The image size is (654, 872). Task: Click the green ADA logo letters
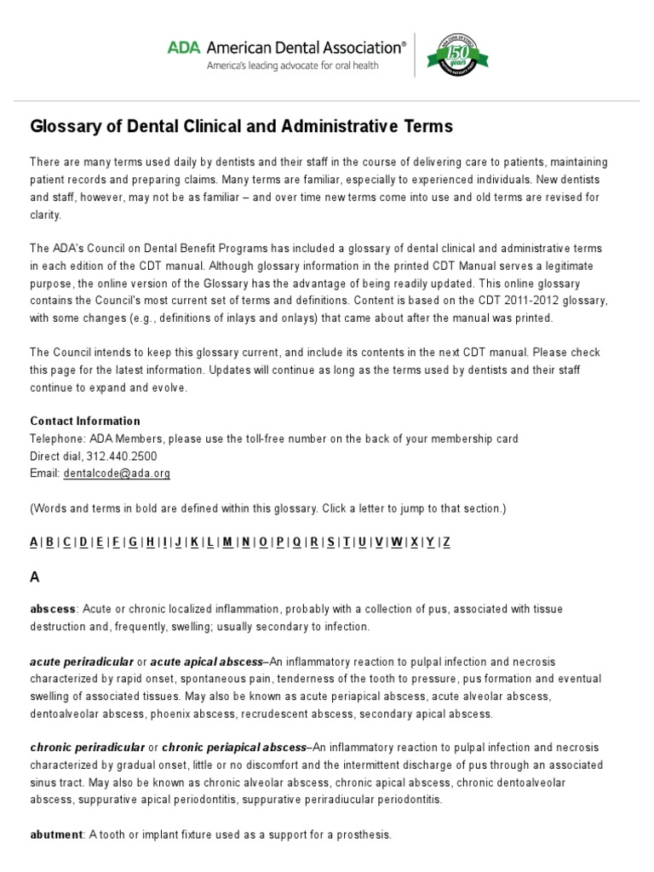tap(183, 49)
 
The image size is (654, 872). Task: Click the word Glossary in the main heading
tap(64, 127)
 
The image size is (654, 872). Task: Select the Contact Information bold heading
tap(85, 421)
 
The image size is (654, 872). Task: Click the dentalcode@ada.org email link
tap(117, 473)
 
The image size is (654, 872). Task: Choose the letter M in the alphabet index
tap(227, 542)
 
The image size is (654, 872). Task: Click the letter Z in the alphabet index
tap(447, 542)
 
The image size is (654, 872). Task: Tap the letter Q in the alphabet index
tap(296, 542)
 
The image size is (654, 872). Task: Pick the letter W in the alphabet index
tap(396, 542)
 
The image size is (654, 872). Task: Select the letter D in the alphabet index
tap(83, 542)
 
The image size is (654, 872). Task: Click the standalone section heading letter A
tap(35, 577)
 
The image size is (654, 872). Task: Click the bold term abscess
tap(53, 610)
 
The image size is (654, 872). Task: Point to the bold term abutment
tap(55, 835)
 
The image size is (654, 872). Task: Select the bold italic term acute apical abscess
tap(207, 662)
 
